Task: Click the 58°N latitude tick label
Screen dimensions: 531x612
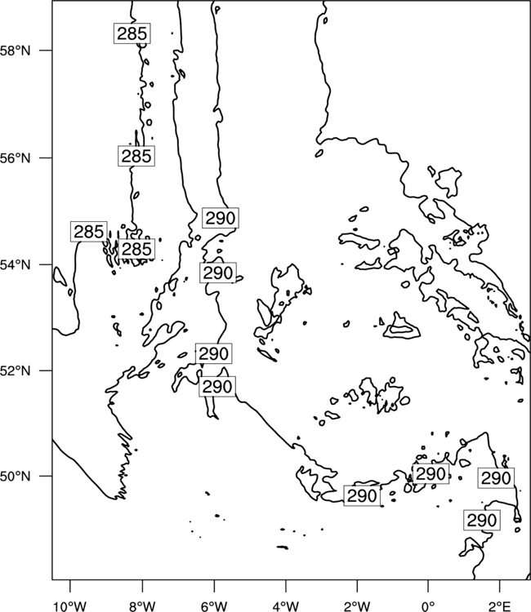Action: point(16,51)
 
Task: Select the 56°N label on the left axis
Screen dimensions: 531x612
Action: point(16,158)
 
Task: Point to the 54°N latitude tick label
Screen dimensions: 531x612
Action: point(16,264)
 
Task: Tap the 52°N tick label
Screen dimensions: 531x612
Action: point(16,370)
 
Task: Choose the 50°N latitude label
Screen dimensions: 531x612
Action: point(16,477)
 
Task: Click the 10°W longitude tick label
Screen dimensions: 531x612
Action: point(70,606)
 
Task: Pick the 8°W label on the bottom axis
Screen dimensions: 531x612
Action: point(142,606)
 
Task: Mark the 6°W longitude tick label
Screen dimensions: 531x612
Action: point(214,606)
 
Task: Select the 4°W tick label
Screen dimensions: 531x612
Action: point(286,606)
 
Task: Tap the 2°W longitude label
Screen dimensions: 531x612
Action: point(357,606)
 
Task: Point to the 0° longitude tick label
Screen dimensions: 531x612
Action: point(428,606)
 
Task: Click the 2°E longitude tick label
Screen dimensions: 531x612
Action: point(500,606)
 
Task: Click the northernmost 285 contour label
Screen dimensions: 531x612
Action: point(132,33)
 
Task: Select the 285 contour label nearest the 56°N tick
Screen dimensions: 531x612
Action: point(136,156)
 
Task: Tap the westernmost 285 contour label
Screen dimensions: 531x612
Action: point(89,232)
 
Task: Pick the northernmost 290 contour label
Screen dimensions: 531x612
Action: point(221,218)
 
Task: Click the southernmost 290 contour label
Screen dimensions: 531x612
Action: point(482,521)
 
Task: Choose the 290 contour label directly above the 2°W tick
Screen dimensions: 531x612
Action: point(362,496)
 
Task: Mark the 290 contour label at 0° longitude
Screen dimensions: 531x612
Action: point(431,474)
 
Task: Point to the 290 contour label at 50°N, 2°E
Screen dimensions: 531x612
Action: point(496,478)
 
